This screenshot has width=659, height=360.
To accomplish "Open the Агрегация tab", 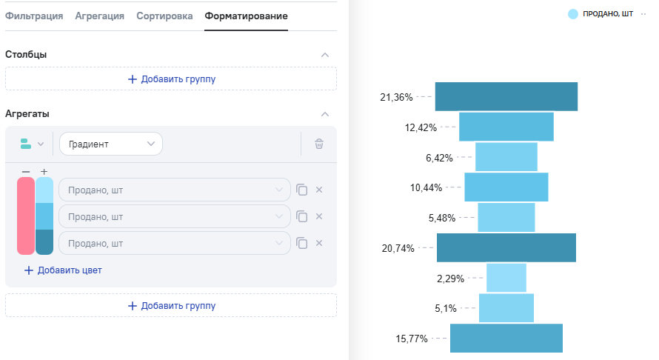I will (99, 16).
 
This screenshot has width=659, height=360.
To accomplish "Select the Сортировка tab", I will (164, 16).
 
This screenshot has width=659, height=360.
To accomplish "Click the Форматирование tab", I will (246, 16).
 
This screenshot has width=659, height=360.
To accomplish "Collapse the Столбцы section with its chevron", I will (324, 55).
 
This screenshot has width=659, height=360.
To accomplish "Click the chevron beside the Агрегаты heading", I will (324, 114).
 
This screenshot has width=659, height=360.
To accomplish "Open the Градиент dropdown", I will (110, 144).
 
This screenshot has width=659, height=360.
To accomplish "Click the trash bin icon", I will (319, 144).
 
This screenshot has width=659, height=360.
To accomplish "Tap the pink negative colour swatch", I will (25, 216).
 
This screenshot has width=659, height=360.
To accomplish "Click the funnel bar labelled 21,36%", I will (506, 97).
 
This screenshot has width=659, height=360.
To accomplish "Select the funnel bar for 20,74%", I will (506, 247).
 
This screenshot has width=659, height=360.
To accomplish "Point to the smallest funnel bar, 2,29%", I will (506, 278).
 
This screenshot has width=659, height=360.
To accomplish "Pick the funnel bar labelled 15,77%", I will (506, 338).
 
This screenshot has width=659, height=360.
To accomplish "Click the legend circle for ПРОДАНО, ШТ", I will (573, 14).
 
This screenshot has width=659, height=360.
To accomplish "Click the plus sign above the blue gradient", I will (44, 171).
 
